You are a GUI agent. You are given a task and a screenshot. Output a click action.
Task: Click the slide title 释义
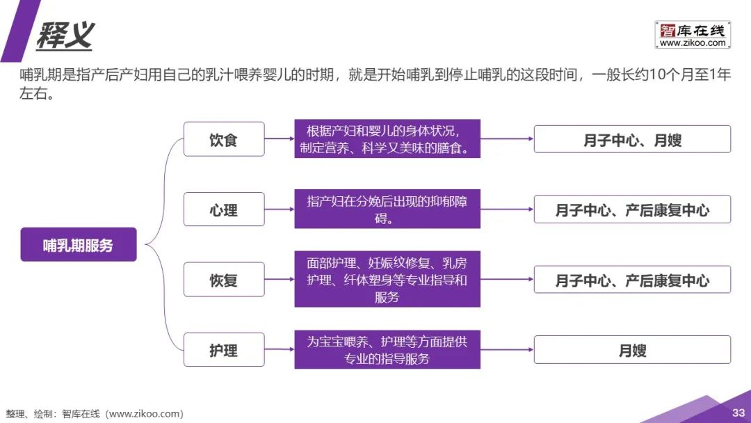pos(65,35)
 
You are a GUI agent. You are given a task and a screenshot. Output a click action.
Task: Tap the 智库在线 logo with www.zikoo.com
pos(692,35)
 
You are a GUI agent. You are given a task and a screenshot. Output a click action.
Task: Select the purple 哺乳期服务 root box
pos(78,245)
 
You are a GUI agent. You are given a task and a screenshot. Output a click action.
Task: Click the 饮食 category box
pos(224,139)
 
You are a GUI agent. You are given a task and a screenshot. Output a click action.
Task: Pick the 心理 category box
pos(224,209)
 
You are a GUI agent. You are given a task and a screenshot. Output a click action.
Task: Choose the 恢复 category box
pos(224,280)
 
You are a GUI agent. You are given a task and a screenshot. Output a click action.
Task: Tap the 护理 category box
pos(224,350)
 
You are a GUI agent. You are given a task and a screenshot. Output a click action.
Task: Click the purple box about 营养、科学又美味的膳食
pos(387,139)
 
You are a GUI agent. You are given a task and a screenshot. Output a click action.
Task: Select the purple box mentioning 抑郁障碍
pos(387,209)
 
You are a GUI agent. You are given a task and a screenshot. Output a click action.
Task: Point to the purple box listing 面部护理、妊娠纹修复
pos(387,280)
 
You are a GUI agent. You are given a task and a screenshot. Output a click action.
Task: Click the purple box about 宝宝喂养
pos(387,350)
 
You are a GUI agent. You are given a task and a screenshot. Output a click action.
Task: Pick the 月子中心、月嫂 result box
pos(632,139)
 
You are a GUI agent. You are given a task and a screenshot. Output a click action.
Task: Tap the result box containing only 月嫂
pos(632,350)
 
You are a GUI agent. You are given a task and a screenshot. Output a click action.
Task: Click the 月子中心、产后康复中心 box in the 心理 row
pos(632,209)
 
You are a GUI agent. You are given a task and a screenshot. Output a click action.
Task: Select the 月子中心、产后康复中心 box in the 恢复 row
pos(632,280)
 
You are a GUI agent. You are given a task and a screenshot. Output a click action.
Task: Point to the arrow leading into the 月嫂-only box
pos(507,350)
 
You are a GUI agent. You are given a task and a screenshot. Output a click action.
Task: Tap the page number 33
pos(738,413)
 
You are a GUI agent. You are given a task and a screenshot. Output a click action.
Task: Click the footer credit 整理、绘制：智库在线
pos(95,414)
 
